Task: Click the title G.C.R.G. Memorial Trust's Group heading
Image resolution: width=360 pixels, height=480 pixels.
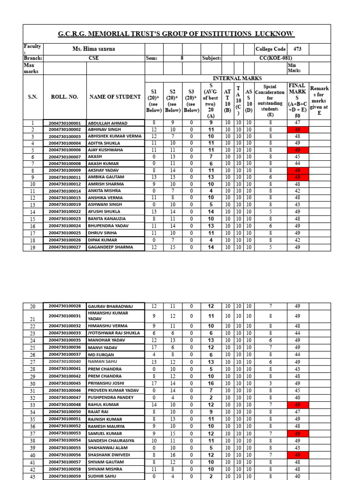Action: [x=176, y=34]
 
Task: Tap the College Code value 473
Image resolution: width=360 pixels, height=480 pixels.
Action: [x=298, y=49]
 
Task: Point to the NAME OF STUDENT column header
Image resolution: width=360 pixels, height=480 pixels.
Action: [x=115, y=97]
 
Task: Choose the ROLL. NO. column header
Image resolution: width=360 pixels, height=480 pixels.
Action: [x=65, y=97]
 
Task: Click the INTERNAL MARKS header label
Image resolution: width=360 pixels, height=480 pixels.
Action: [x=237, y=78]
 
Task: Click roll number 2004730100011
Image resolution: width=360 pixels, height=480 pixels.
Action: [x=65, y=178]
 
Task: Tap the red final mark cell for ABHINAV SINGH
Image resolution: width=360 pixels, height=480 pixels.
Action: [x=297, y=130]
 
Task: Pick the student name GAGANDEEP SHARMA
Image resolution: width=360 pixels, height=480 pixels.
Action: [x=110, y=247]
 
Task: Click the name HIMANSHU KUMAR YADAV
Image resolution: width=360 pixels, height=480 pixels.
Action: [x=108, y=316]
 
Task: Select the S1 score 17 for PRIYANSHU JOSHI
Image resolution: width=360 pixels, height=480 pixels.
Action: [x=154, y=383]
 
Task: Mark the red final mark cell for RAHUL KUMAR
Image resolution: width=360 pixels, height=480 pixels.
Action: [x=297, y=405]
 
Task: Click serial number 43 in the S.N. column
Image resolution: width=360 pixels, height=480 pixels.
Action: [x=33, y=477]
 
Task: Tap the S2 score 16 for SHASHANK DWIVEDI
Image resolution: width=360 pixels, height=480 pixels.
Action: [x=172, y=455]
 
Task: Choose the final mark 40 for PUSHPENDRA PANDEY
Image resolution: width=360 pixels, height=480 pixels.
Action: [x=297, y=397]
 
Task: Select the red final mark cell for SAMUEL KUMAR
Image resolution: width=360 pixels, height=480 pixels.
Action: [x=297, y=434]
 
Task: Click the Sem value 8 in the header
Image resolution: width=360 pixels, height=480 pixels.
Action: [x=182, y=58]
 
